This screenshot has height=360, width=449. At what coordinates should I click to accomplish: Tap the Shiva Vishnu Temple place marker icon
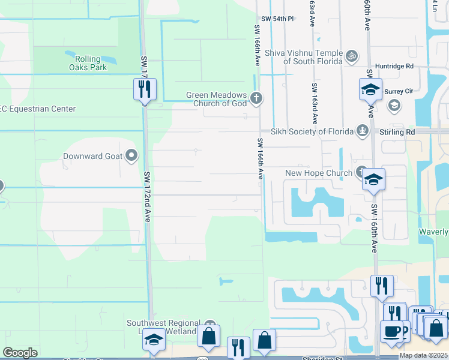(352, 56)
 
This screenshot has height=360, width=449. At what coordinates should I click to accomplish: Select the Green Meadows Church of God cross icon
(256, 98)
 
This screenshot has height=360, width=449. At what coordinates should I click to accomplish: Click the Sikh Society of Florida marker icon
(362, 131)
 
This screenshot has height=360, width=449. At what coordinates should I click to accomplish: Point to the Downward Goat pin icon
(131, 157)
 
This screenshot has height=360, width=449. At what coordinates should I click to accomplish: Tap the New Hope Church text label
(319, 173)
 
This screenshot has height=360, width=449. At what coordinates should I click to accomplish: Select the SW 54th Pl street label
(277, 19)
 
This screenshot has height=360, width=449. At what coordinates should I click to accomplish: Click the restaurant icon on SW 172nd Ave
(145, 89)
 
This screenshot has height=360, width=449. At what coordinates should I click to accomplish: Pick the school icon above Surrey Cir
(370, 90)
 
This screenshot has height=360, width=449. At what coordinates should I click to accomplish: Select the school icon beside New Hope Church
(373, 179)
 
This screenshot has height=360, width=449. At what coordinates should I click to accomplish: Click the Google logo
(20, 352)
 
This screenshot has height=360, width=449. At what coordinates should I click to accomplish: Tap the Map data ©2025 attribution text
(423, 355)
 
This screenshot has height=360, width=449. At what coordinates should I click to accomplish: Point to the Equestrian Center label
(38, 109)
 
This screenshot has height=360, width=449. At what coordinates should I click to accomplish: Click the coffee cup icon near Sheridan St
(391, 331)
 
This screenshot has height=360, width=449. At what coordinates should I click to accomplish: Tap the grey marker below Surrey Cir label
(394, 106)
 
